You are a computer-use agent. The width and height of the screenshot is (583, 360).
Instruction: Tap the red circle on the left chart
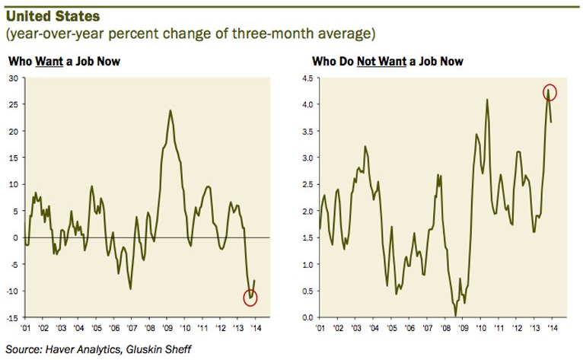[x=251, y=297]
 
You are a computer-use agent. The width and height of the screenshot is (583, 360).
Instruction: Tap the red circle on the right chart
[x=550, y=92]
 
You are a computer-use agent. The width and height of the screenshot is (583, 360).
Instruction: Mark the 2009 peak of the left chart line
[x=170, y=110]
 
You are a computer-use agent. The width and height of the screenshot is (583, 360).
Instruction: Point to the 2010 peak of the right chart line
[x=486, y=99]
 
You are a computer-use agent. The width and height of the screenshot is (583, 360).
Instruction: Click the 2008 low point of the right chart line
[x=455, y=315]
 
